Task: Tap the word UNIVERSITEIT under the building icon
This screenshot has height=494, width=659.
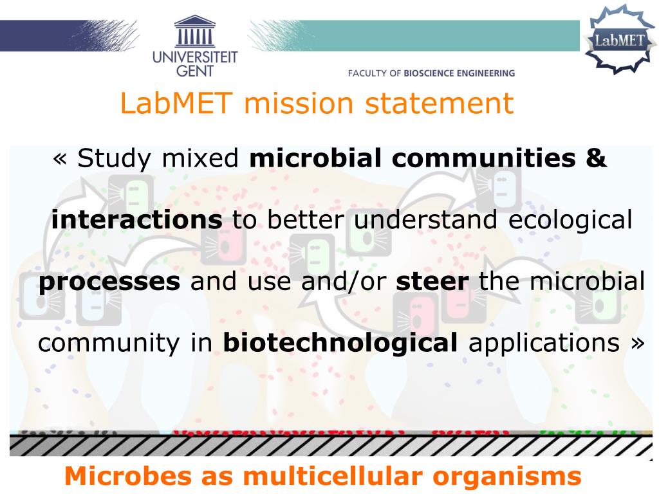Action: (195, 58)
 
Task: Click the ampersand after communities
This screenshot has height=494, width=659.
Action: (597, 158)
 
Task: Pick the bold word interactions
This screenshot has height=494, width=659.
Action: (137, 220)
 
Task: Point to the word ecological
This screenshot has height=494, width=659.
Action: (570, 220)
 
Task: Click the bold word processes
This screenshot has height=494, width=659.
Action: (109, 282)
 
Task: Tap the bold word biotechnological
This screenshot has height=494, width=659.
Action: (340, 343)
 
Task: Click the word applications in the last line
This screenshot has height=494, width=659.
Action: (544, 343)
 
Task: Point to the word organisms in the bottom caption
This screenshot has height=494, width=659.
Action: (508, 477)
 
